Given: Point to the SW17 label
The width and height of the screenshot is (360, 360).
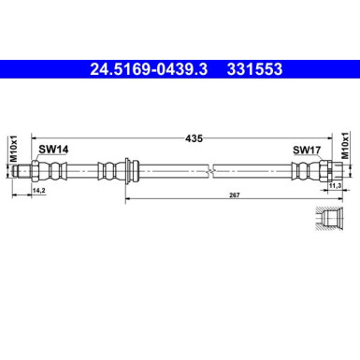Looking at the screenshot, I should [x=305, y=149].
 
